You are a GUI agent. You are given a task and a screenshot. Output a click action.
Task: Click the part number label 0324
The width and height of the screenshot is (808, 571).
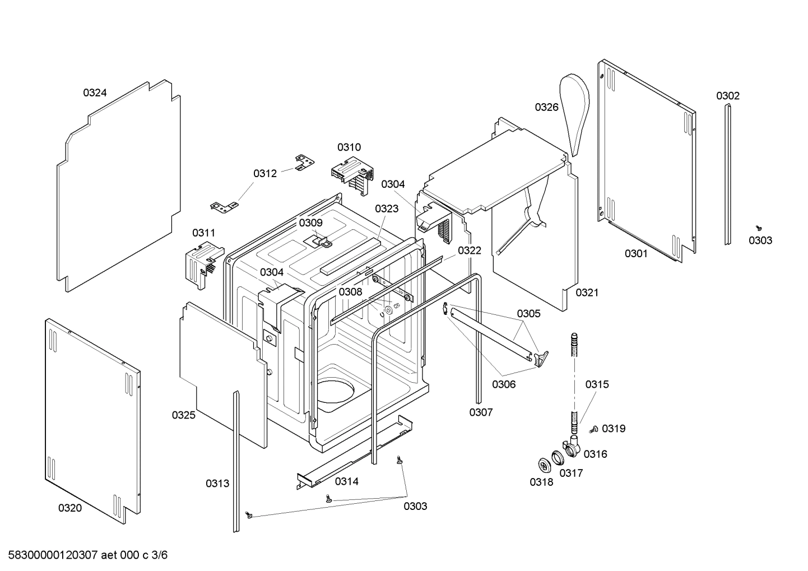click(x=95, y=93)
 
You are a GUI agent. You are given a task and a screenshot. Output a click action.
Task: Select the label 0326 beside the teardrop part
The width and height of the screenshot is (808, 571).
click(x=546, y=107)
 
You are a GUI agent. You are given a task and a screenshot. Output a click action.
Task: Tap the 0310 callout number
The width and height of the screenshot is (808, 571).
click(x=349, y=147)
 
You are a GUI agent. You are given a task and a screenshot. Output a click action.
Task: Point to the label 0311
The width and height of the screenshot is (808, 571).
click(x=203, y=233)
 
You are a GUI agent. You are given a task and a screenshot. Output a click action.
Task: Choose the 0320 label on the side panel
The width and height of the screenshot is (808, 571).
click(x=69, y=508)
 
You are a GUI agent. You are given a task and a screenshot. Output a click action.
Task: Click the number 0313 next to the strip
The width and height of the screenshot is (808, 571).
click(x=217, y=483)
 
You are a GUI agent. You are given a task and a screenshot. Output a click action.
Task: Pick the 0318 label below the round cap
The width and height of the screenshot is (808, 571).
click(x=541, y=482)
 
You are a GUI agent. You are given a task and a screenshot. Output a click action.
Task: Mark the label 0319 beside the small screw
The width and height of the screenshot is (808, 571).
click(x=614, y=429)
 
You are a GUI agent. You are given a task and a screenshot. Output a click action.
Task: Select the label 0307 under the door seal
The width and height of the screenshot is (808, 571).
click(x=481, y=412)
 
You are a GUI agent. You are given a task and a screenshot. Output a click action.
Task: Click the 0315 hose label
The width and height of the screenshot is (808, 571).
click(x=597, y=384)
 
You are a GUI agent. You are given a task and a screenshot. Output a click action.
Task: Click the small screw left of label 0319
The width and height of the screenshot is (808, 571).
click(x=593, y=429)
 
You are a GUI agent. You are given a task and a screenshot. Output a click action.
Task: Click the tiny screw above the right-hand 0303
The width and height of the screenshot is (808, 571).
click(x=759, y=228)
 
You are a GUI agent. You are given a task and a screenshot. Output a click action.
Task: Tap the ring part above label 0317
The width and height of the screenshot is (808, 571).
click(x=558, y=458)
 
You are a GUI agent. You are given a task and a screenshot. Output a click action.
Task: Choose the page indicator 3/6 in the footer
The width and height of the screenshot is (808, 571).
click(x=160, y=555)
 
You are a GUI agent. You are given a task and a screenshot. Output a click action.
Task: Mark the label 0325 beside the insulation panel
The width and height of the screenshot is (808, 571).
click(x=183, y=415)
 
